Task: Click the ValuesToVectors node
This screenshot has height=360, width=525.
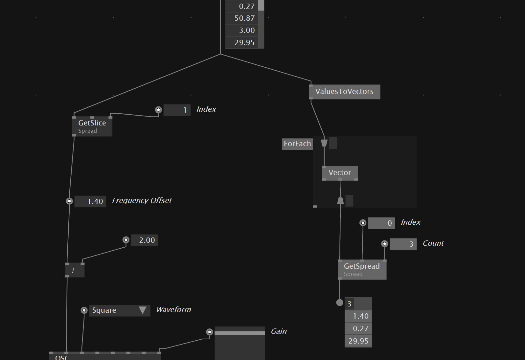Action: (x=344, y=92)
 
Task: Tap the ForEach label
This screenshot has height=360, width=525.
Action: (x=297, y=144)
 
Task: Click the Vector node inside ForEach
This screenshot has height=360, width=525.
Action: (x=340, y=173)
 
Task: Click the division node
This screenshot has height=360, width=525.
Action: (x=75, y=270)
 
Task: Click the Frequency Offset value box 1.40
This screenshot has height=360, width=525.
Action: (x=90, y=201)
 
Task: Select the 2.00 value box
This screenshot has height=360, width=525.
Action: (x=145, y=240)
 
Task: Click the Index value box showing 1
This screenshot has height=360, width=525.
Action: (x=177, y=110)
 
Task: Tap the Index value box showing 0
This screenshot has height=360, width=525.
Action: (x=381, y=223)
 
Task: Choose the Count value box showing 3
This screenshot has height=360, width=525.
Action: (x=403, y=244)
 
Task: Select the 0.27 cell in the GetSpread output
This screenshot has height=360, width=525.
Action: (x=358, y=328)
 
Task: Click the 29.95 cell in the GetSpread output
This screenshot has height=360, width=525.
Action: (x=358, y=341)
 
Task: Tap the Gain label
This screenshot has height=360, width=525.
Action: (x=279, y=331)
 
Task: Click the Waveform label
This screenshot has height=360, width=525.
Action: (x=173, y=309)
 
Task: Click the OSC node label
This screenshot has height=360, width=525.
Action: (x=62, y=357)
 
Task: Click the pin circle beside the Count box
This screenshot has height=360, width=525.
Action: (x=384, y=244)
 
